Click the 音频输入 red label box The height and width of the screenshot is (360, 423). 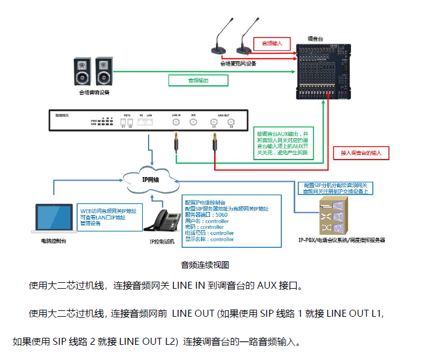click(x=271, y=43)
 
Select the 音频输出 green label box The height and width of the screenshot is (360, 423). click(x=198, y=80)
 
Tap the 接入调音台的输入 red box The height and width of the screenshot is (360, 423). click(x=361, y=153)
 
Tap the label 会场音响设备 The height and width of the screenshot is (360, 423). click(x=94, y=92)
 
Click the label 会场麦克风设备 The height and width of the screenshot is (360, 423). click(x=238, y=63)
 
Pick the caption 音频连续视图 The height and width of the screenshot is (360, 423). click(x=205, y=264)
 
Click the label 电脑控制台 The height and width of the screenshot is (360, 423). click(x=53, y=240)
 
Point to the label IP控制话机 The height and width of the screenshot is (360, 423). click(x=162, y=241)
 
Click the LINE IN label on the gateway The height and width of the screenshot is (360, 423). click(x=176, y=115)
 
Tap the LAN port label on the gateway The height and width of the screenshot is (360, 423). click(x=149, y=115)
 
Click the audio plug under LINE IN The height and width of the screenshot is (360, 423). click(x=176, y=143)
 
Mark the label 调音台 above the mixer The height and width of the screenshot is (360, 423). click(x=315, y=39)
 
